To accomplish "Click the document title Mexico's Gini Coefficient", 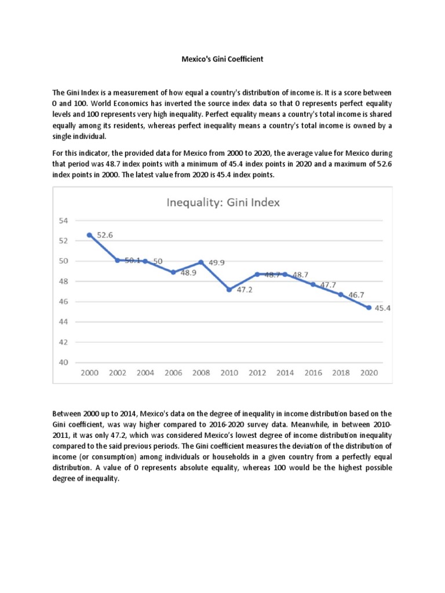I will click(x=222, y=58).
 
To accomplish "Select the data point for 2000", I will click(x=89, y=235).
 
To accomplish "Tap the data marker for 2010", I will click(x=229, y=290).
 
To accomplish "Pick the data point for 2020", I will click(x=369, y=308).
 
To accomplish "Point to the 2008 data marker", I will click(x=201, y=262).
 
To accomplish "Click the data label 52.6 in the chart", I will click(x=105, y=235).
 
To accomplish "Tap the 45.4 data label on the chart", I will click(x=383, y=308).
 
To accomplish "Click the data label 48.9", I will click(x=188, y=272).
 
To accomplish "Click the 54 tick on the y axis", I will click(x=63, y=221).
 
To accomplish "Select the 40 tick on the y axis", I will click(x=63, y=363).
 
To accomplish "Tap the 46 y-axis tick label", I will click(x=63, y=302).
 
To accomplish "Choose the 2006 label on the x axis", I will click(x=173, y=373).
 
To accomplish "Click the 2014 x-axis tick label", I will click(x=285, y=373).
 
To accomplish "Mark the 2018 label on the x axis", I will click(x=341, y=373).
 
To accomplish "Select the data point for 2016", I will click(x=313, y=284).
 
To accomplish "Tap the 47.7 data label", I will click(x=327, y=285).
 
